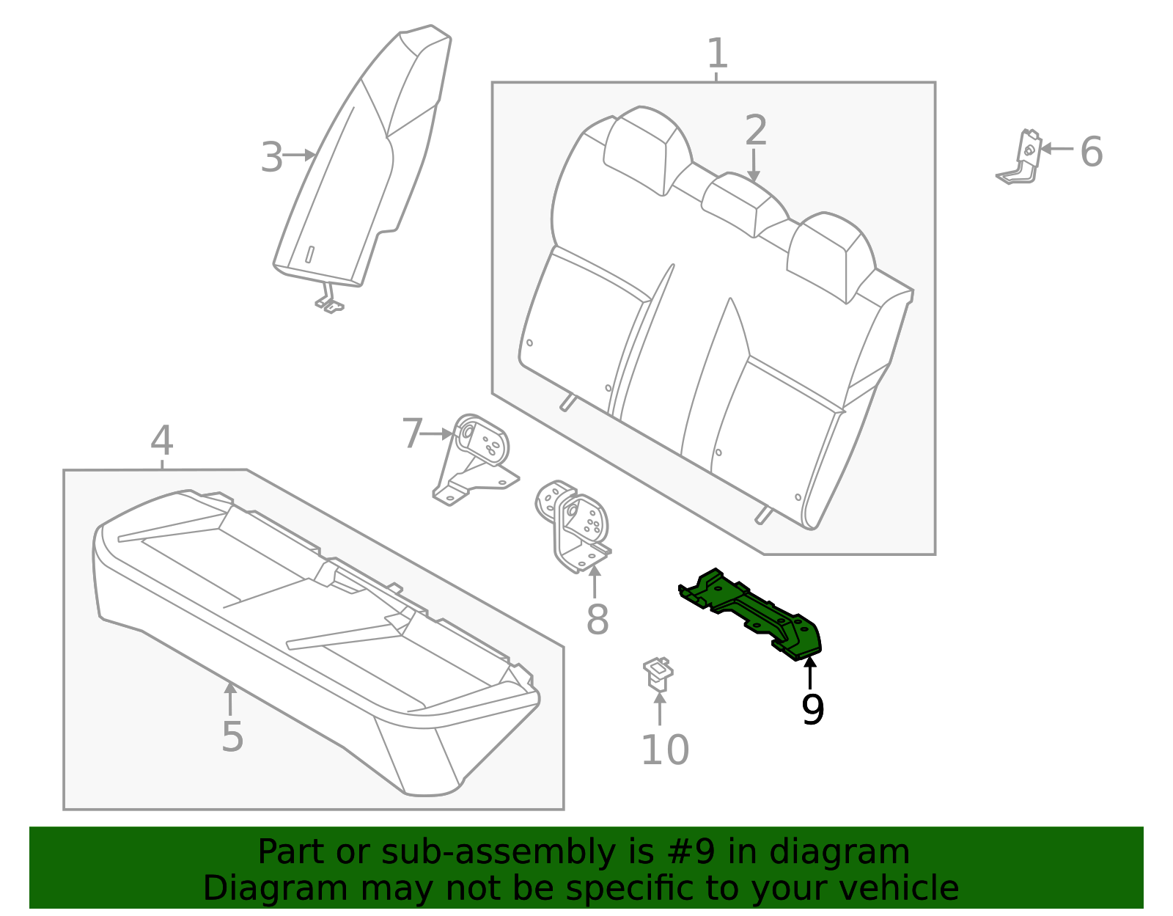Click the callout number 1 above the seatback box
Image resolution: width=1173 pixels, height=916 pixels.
[717, 54]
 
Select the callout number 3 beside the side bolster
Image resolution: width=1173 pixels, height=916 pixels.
[271, 157]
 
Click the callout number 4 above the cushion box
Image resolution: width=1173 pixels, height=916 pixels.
[161, 441]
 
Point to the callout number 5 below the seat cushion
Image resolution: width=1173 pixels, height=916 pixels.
[232, 736]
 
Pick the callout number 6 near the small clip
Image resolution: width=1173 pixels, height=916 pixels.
[1091, 152]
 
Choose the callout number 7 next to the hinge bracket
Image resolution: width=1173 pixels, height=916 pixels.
[412, 433]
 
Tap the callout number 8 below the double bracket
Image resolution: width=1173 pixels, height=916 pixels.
[597, 620]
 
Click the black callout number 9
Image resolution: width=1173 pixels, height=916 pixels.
[812, 709]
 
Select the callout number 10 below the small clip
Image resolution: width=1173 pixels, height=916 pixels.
[664, 750]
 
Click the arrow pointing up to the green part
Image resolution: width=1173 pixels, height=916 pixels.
[810, 671]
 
